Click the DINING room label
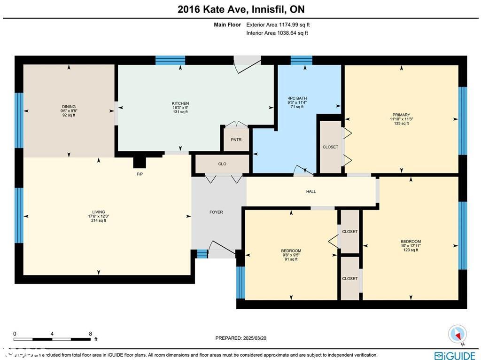(69, 107)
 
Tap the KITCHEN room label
(180, 103)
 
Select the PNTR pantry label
(236, 140)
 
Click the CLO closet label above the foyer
(222, 164)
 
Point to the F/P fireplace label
(140, 173)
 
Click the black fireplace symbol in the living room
(140, 162)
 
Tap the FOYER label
(216, 212)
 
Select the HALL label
(311, 191)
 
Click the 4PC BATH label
(297, 99)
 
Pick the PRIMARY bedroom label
(402, 115)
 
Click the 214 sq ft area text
(99, 220)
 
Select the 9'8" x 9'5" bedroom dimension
(291, 255)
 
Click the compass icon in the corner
(457, 334)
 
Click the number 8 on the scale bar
(90, 334)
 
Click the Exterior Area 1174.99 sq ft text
(278, 24)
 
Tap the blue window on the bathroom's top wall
(301, 60)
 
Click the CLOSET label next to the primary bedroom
(330, 147)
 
